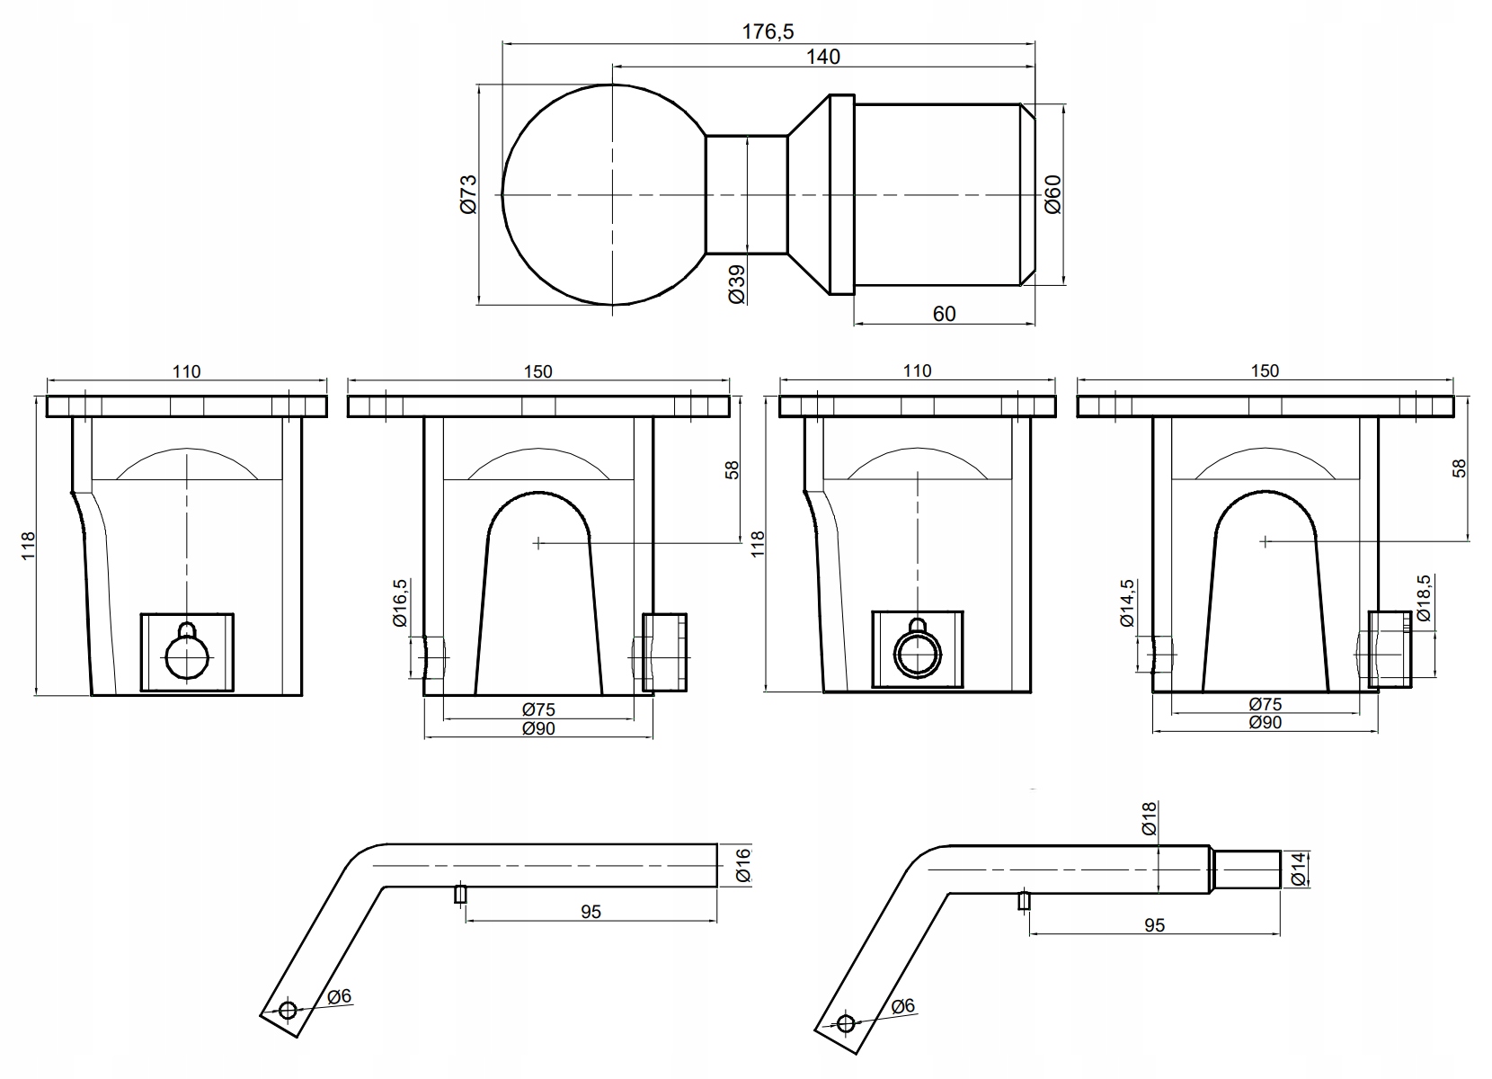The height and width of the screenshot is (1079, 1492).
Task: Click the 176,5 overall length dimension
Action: tap(768, 31)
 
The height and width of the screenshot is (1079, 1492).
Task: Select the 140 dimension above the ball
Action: tap(823, 57)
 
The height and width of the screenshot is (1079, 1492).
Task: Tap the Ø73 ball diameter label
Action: tap(469, 194)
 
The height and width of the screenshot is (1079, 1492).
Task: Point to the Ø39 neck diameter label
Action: tap(737, 284)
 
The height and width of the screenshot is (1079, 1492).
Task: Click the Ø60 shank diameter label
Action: tap(1053, 194)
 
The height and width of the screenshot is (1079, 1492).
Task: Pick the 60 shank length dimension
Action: tap(944, 313)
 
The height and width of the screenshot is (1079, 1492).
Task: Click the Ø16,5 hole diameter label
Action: tap(400, 602)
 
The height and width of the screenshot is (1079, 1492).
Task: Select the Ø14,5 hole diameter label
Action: tap(1126, 602)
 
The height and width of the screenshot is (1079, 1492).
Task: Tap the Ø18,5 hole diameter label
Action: tap(1424, 598)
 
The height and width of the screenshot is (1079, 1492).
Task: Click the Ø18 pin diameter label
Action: tap(1149, 819)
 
